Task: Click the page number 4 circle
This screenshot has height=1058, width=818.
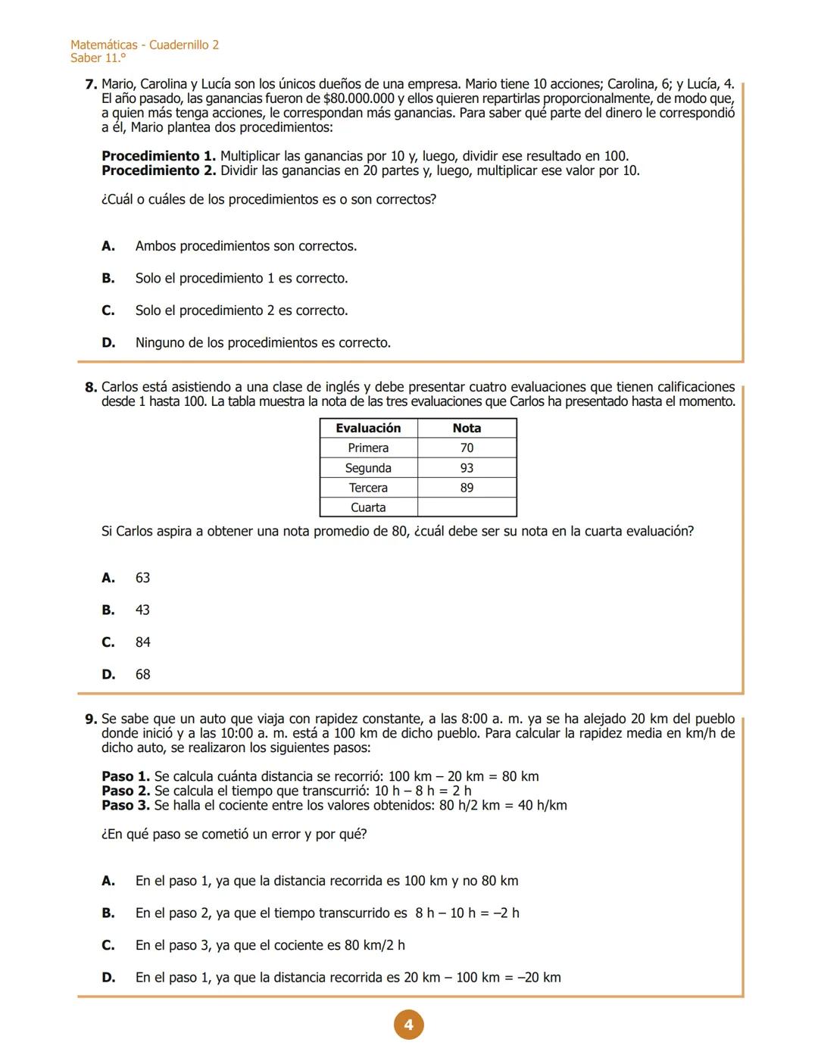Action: (408, 1025)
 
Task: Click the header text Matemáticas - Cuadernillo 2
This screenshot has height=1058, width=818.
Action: (145, 45)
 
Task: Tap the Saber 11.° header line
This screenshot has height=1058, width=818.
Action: (98, 58)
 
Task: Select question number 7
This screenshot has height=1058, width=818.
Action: (91, 85)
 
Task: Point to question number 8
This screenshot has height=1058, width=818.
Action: (91, 388)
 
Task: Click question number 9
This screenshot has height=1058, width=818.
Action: (91, 719)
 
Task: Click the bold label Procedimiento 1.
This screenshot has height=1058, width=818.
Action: (158, 157)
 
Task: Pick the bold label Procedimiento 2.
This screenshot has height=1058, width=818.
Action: (158, 171)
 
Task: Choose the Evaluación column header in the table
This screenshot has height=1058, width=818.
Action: (368, 428)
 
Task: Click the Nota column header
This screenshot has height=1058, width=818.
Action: (467, 428)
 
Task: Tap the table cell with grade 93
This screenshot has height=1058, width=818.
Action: (467, 468)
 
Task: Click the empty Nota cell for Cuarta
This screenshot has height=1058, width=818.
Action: (467, 507)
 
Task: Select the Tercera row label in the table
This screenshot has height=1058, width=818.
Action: (368, 488)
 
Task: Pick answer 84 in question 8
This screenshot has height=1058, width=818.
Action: (142, 642)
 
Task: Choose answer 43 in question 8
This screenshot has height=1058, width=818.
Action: (142, 610)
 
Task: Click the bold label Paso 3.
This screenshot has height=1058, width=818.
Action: (125, 806)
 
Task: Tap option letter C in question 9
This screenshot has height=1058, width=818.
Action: (108, 945)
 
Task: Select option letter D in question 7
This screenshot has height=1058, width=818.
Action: (108, 343)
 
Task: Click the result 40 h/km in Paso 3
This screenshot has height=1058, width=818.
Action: (542, 806)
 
